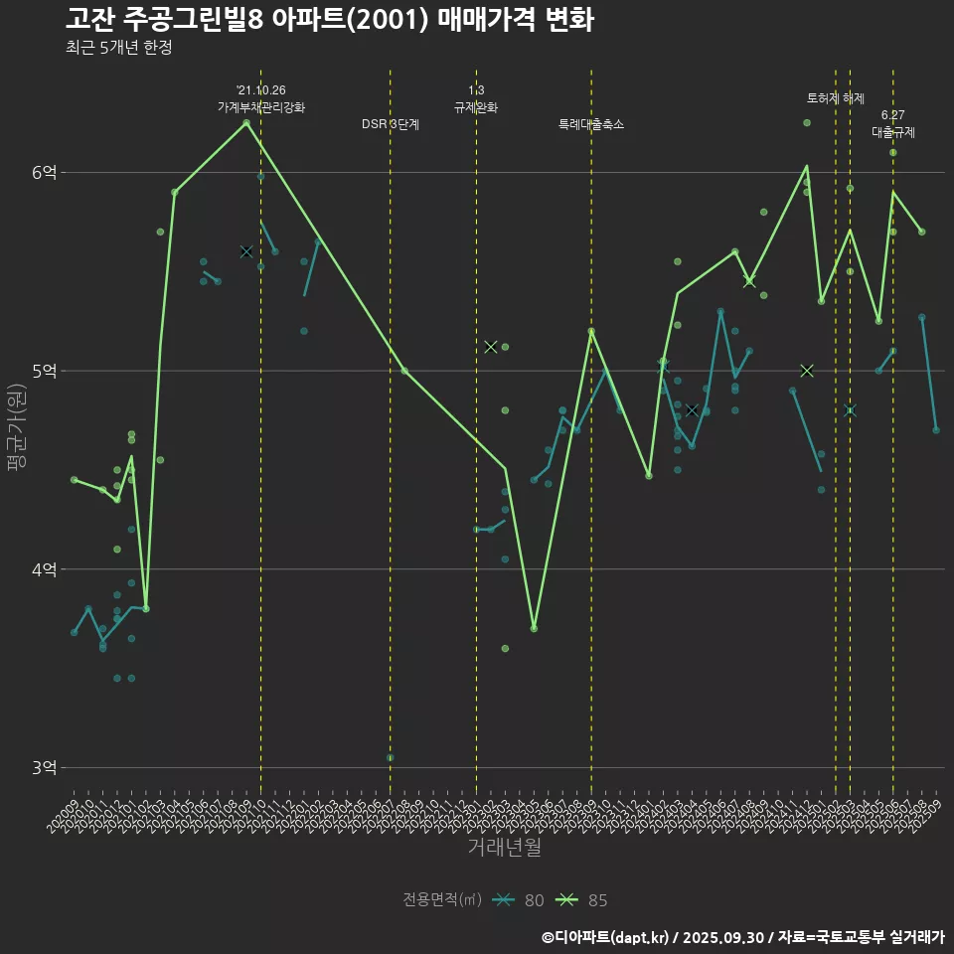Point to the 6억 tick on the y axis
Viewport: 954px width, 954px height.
coord(44,172)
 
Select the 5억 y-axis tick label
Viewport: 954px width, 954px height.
coord(44,371)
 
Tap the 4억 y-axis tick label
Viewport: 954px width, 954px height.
coord(44,569)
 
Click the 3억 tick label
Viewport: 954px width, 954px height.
coord(44,767)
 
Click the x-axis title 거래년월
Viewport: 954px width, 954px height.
coord(504,848)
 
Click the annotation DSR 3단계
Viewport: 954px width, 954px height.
coord(391,124)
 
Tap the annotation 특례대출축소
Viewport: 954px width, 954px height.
coord(591,124)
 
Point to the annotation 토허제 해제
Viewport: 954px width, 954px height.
coord(835,98)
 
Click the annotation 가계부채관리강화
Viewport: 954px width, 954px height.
coord(261,106)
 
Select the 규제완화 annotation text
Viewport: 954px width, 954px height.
coord(476,106)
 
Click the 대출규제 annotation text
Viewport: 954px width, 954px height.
coord(892,131)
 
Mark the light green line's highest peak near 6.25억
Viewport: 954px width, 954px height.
coord(246,123)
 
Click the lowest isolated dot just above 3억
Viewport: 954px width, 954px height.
coord(390,757)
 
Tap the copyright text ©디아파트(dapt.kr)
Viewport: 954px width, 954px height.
coord(606,937)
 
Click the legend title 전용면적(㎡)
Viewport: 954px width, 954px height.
coord(441,900)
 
